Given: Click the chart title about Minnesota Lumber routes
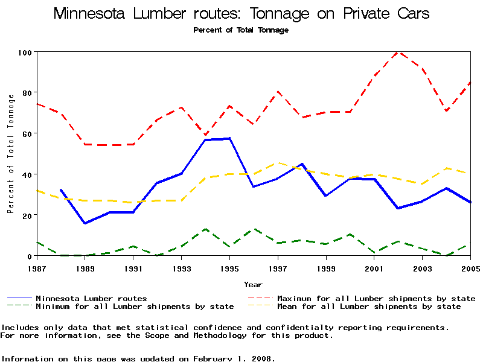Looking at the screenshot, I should click(x=241, y=14).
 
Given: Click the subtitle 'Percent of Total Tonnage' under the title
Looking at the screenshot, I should click(x=241, y=30).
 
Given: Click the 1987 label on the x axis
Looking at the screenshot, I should click(x=37, y=267).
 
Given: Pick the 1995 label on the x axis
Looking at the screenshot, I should click(x=229, y=267).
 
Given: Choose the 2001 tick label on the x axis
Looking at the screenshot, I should click(x=374, y=267).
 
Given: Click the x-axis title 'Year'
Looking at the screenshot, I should click(x=253, y=284).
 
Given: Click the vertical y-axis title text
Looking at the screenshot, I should click(x=11, y=154).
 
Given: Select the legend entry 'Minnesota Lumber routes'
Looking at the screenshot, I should click(x=91, y=298).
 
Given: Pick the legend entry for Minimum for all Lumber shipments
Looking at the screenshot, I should click(x=135, y=306).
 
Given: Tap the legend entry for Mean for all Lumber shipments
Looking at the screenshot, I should click(x=368, y=306).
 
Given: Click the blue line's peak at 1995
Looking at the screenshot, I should click(x=229, y=138).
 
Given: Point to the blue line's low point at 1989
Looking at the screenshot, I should click(x=85, y=223).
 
